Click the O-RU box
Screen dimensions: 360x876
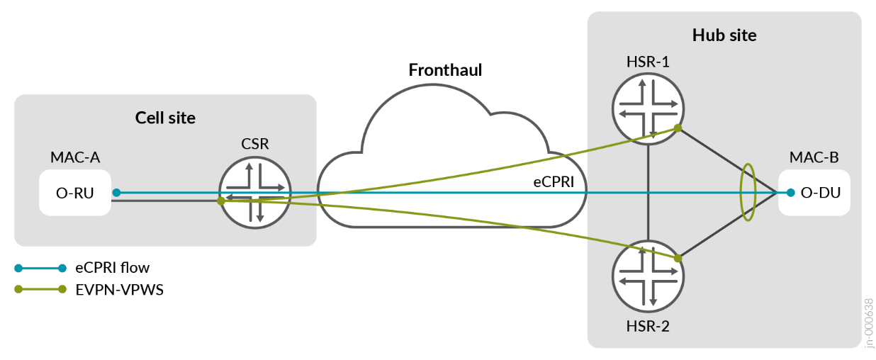coord(75,192)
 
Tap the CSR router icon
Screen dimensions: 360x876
coord(255,192)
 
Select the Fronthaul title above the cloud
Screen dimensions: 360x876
coord(445,70)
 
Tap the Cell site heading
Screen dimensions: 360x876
coord(165,118)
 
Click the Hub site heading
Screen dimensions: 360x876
coord(724,35)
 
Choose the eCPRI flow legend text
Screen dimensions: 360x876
coord(113,268)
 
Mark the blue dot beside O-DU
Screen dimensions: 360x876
coord(790,192)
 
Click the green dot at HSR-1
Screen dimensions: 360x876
coord(678,128)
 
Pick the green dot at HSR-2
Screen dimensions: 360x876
coord(678,258)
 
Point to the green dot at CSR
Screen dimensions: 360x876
coord(221,201)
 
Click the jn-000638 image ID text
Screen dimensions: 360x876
coord(869,322)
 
